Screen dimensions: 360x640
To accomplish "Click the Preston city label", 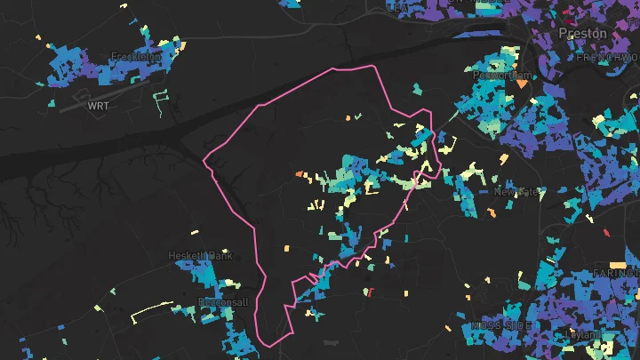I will pos(583,34).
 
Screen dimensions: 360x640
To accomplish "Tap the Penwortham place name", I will pos(501,76).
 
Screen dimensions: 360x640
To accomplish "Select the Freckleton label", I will pos(136,57).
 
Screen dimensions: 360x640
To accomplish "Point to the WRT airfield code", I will pos(97,106).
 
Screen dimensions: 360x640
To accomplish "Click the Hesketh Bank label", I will pos(200,256).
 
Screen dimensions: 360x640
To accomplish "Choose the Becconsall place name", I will pos(223,301).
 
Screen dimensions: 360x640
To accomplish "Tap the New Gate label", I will pos(516,192).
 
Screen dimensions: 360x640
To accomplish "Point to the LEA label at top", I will pos(396,6).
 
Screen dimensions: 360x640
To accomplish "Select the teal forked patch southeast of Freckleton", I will pos(160,98).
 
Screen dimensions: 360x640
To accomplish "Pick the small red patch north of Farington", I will pos(608,233).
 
